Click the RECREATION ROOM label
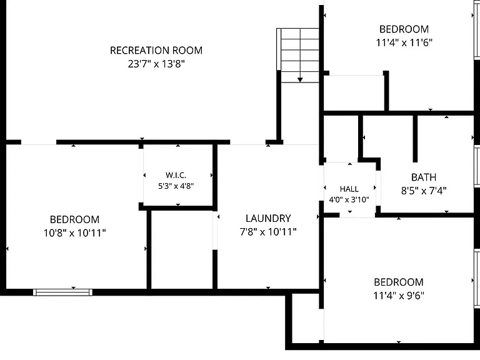tap(156, 50)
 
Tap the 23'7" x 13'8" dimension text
tap(156, 64)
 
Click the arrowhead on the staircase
tap(300, 80)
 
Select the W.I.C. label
tap(176, 175)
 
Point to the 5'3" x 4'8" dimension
tap(176, 186)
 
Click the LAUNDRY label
tap(268, 218)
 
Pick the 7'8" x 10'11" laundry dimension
tap(268, 232)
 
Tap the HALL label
tap(349, 189)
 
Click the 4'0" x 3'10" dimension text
tap(349, 199)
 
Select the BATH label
tap(424, 177)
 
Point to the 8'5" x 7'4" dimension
tap(424, 191)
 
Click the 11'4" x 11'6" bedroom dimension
tap(404, 42)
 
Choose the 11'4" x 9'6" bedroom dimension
tap(399, 296)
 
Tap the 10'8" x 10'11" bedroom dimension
tap(75, 233)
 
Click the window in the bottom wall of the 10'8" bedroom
tap(62, 292)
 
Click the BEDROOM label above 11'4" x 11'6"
tap(404, 29)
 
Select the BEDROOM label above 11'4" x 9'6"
tap(399, 282)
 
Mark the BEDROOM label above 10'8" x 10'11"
tap(75, 219)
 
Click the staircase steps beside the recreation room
tap(298, 56)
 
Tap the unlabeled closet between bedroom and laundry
tap(182, 249)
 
